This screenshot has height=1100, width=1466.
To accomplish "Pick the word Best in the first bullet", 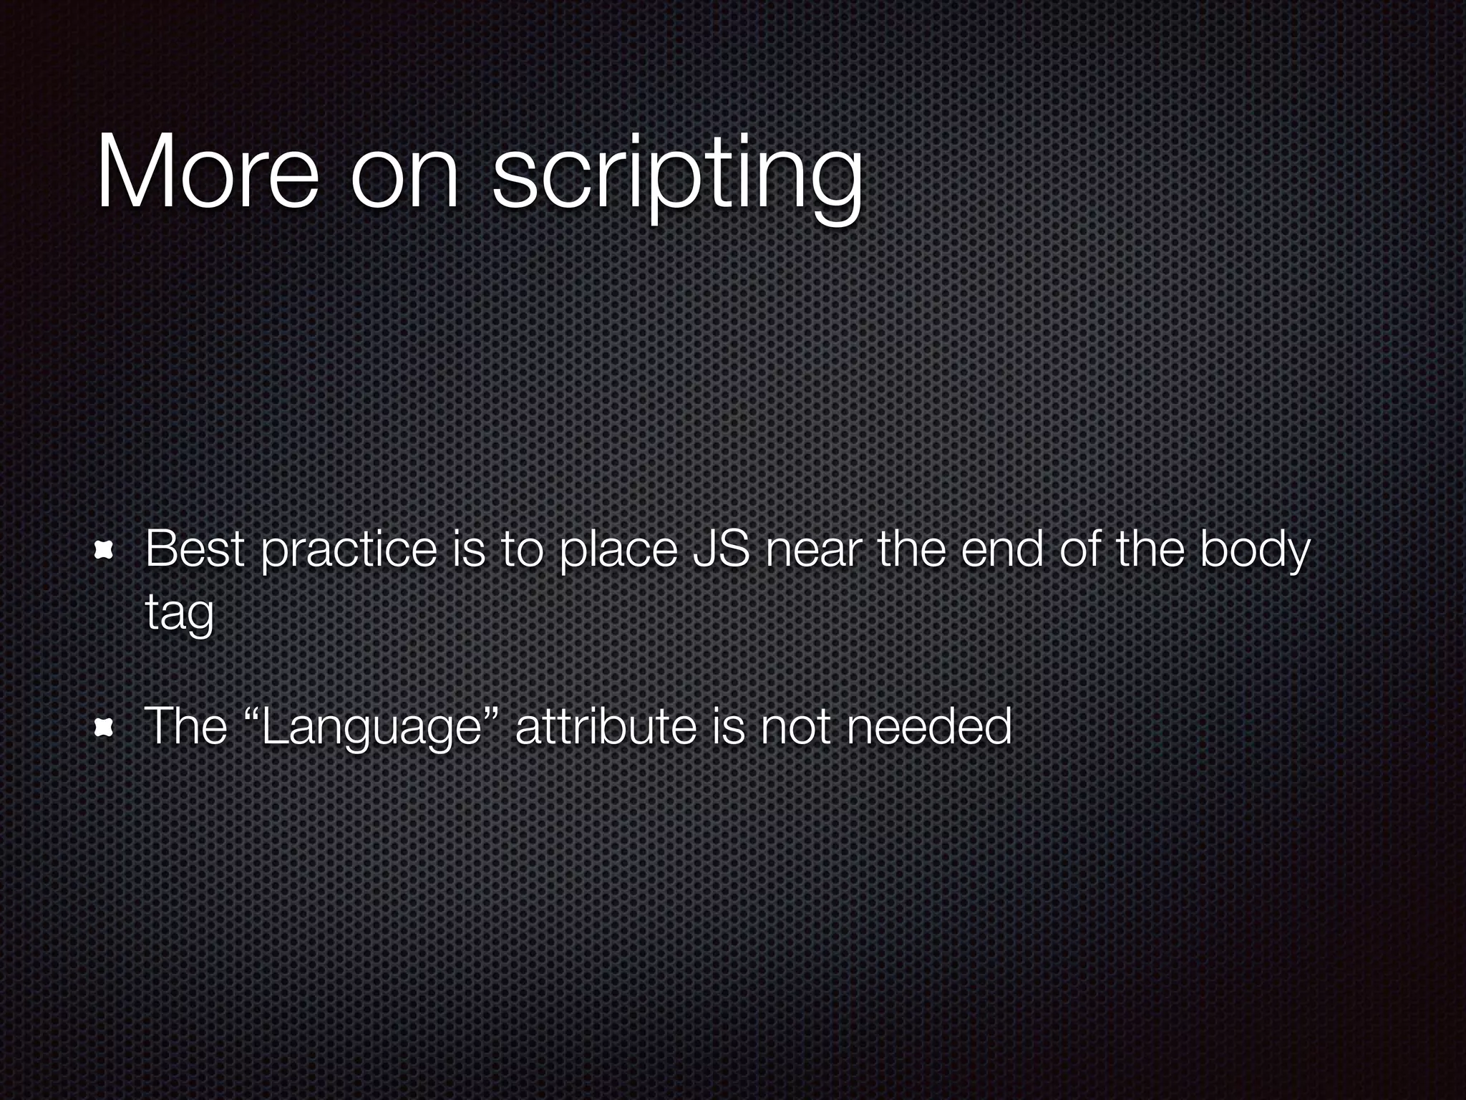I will click(x=195, y=550).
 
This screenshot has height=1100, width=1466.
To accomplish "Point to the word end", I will click(x=1002, y=550).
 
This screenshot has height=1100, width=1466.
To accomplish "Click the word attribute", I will click(x=605, y=728).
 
